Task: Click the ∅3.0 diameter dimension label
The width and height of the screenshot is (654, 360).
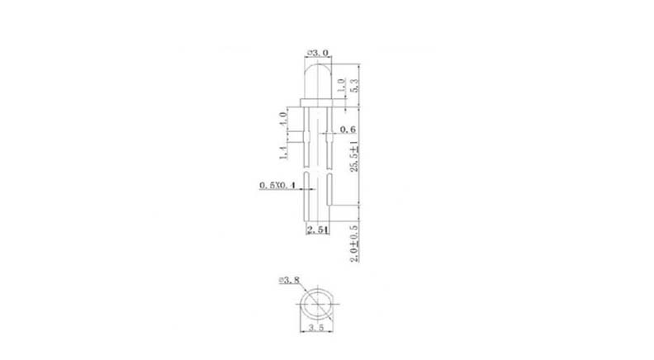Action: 318,52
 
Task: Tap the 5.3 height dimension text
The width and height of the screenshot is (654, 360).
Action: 353,83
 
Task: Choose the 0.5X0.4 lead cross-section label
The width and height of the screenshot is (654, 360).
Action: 274,186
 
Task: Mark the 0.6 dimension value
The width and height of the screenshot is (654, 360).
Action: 348,130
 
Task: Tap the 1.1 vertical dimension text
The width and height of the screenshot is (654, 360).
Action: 282,149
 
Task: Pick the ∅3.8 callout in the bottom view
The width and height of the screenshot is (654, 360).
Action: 291,281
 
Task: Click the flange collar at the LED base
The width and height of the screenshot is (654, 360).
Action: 318,102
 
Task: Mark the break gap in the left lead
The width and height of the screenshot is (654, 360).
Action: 306,168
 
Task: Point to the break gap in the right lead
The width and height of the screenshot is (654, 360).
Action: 329,168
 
